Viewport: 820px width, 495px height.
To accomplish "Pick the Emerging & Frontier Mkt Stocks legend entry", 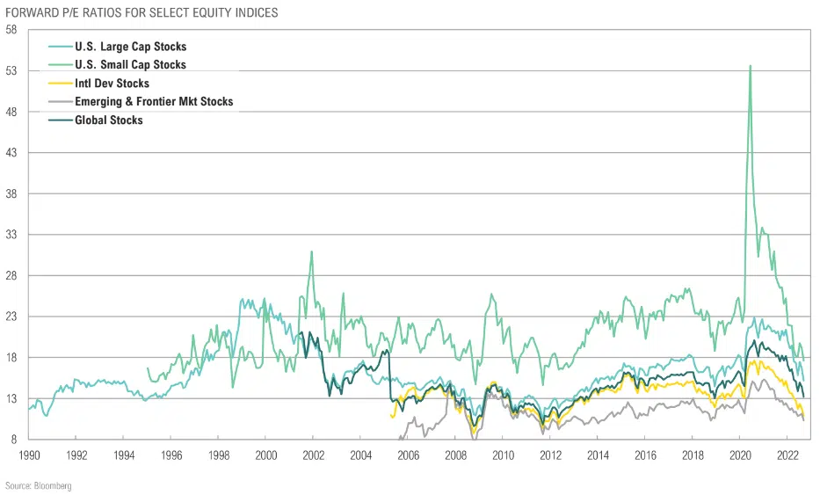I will pyautogui.click(x=154, y=102).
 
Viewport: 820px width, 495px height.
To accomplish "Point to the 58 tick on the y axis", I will pyautogui.click(x=11, y=29).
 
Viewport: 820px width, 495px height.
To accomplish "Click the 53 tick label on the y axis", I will pyautogui.click(x=11, y=70).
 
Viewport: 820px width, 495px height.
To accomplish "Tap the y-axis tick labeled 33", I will pyautogui.click(x=11, y=235).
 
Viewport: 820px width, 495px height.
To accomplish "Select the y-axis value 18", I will pyautogui.click(x=11, y=358).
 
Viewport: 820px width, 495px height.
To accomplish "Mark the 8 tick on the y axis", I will pyautogui.click(x=13, y=440).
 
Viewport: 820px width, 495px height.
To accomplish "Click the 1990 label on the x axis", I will pyautogui.click(x=29, y=455).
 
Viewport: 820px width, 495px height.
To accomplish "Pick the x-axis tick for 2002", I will pyautogui.click(x=314, y=455).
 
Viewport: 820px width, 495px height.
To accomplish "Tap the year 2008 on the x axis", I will pyautogui.click(x=455, y=455).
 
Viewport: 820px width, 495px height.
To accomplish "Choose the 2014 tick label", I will pyautogui.click(x=598, y=455).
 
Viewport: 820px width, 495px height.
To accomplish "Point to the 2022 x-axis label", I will pyautogui.click(x=787, y=455).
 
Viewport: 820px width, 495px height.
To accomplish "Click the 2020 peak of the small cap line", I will pyautogui.click(x=750, y=66).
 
